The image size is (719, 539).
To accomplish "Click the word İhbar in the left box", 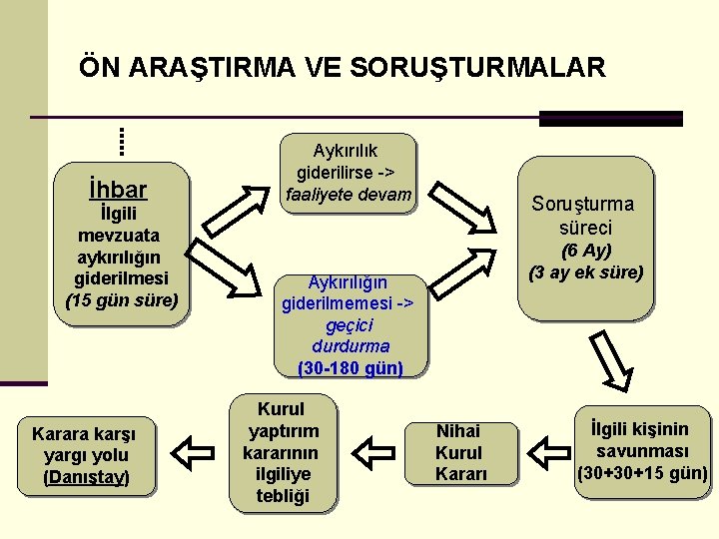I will point(117,189).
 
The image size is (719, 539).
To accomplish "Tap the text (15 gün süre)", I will point(122,299).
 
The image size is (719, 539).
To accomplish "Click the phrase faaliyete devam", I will point(348,194).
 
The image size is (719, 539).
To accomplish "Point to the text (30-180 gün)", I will point(351,368).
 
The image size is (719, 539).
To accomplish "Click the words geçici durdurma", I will point(350,335).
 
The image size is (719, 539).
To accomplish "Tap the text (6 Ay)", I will point(586,250).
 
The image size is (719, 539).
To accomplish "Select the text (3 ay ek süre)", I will point(586,271).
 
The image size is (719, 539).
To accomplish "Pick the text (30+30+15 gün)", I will point(642,472).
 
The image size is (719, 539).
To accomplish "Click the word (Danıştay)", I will point(86,477).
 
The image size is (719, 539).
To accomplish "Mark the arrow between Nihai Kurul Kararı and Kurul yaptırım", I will point(369,451).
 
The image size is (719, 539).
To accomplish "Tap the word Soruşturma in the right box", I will point(582,204).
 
